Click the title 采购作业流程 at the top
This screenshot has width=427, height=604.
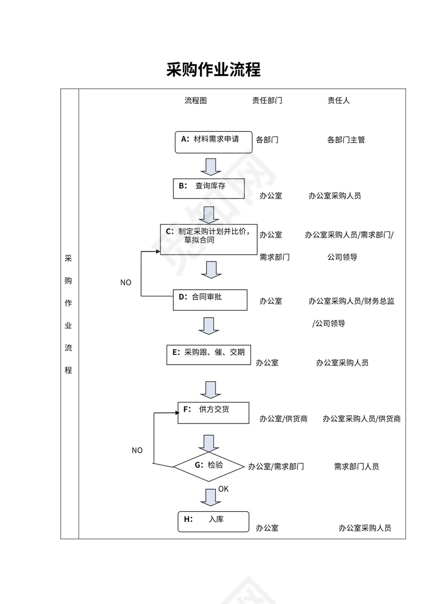(x=213, y=69)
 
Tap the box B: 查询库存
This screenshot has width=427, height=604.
(x=208, y=188)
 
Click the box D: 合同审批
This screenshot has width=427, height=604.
(x=210, y=299)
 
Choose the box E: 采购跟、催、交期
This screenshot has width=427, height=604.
(x=209, y=354)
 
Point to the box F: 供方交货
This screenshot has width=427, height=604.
(x=213, y=413)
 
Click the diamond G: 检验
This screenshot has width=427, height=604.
(x=208, y=466)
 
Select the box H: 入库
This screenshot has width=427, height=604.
(x=213, y=521)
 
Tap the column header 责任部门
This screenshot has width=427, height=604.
(x=267, y=101)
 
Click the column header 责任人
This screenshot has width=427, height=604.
(x=339, y=101)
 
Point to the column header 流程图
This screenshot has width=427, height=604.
(x=195, y=101)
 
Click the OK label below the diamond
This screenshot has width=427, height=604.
(x=223, y=489)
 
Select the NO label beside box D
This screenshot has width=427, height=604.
(x=126, y=282)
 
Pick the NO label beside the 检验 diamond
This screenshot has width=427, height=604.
(x=137, y=451)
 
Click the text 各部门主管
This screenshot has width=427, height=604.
(x=346, y=139)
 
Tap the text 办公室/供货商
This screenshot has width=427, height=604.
(x=283, y=419)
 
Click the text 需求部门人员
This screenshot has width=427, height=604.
(x=357, y=467)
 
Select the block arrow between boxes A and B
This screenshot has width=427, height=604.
(x=210, y=167)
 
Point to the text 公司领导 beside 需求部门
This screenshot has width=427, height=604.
(x=342, y=257)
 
